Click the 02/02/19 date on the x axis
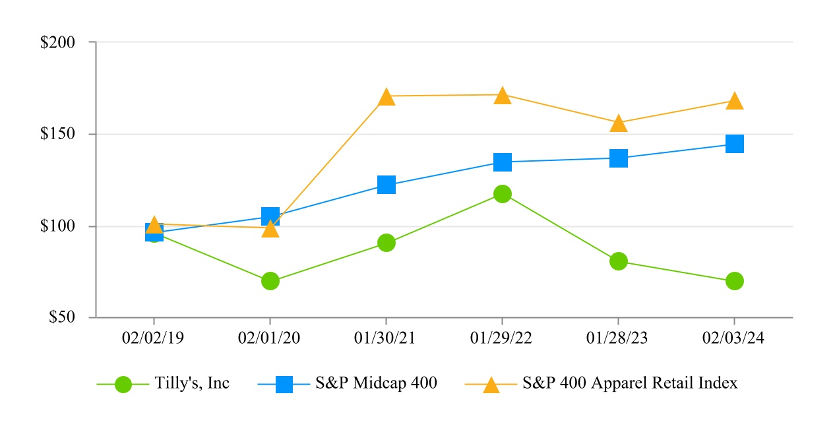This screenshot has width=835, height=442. [x=154, y=338]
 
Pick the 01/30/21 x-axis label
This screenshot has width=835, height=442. [x=387, y=338]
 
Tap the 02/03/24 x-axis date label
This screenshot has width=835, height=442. [x=735, y=338]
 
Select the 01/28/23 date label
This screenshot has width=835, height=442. [x=618, y=338]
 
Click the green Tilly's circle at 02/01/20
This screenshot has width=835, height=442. [x=270, y=281]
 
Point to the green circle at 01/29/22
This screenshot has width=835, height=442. [x=503, y=194]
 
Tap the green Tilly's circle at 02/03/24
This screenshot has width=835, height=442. [x=735, y=281]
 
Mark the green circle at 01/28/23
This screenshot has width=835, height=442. [x=619, y=261]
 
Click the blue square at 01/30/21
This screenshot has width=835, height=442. [x=387, y=185]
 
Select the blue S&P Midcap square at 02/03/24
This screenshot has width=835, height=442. [x=735, y=144]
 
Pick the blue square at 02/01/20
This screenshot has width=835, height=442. [x=270, y=216]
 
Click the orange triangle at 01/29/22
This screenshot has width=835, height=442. [x=503, y=96]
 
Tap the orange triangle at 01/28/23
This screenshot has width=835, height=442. [x=619, y=124]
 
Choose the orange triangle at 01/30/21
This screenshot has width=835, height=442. [x=387, y=98]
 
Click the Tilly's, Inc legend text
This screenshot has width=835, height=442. [x=192, y=383]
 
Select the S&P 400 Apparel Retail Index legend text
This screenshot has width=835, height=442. [x=630, y=383]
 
